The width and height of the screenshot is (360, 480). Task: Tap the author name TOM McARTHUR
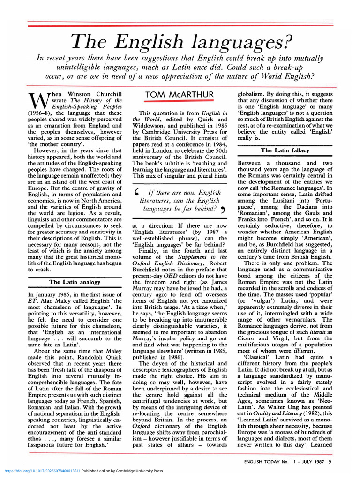[x=180, y=95]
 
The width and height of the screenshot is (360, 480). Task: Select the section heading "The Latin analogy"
[x=75, y=282]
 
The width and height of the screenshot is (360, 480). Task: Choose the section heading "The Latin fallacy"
[x=285, y=150]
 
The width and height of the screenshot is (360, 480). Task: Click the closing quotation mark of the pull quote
[x=223, y=209]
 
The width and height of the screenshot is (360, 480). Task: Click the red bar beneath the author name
[x=180, y=101]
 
